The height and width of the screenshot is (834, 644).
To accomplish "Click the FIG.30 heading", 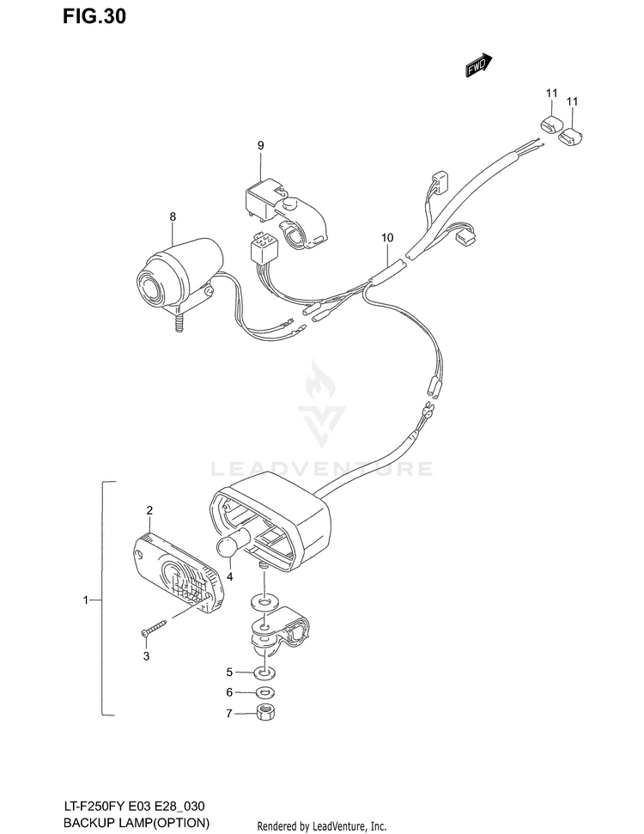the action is (x=94, y=16).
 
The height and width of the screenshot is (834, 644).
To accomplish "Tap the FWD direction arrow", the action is (x=479, y=65).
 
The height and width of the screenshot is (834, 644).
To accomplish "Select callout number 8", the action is (x=173, y=216).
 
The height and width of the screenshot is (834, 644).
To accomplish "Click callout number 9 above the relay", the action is (x=260, y=145).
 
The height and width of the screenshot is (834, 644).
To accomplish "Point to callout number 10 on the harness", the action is (x=387, y=238).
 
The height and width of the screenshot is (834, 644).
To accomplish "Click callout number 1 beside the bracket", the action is (x=86, y=600).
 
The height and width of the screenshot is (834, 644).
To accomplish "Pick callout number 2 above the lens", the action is (x=149, y=510).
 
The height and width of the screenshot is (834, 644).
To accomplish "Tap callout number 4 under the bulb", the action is (x=230, y=576).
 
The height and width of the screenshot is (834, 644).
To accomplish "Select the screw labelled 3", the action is (x=155, y=627).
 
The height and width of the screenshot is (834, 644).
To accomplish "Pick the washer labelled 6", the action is (x=264, y=692).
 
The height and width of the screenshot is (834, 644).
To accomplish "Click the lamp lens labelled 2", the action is (x=177, y=574).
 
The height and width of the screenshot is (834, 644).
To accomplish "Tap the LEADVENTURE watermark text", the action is (x=322, y=469).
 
